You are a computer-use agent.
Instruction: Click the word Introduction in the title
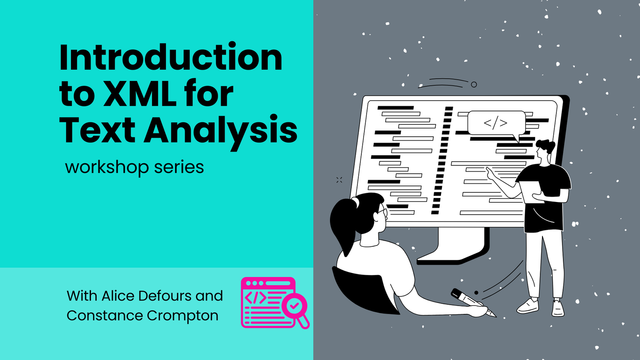coord(171,58)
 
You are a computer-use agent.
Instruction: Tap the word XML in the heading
coord(139,94)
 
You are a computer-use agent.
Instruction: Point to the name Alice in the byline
coord(118,296)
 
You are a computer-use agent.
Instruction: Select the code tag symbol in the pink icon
coord(256,298)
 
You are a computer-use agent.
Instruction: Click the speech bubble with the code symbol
coord(496,123)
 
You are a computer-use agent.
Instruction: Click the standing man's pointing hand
coord(491,175)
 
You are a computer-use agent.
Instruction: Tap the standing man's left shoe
coord(528,306)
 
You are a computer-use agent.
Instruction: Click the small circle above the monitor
coord(474,84)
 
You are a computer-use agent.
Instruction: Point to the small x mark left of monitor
coord(339,180)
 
